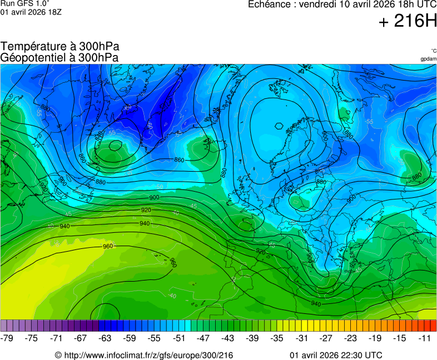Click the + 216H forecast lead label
tap(408, 21)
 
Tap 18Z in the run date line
tap(54, 12)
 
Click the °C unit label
tap(433, 51)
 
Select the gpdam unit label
tap(428, 58)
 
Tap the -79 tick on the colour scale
tap(7, 338)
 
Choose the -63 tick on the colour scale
tap(105, 338)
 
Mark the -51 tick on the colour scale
tap(178, 338)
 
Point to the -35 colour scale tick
tap(277, 338)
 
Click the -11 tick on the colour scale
tap(424, 338)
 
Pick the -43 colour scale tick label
tap(228, 338)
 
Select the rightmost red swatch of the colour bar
tap(433, 326)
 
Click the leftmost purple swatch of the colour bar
tap(4, 326)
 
